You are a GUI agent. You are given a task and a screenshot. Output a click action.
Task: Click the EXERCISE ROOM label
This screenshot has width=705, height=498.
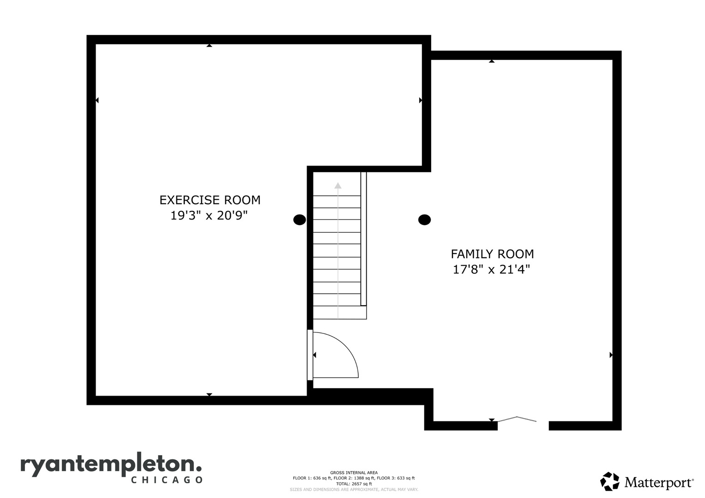[210, 200]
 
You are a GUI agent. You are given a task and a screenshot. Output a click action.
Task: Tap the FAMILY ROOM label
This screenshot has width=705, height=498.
[492, 254]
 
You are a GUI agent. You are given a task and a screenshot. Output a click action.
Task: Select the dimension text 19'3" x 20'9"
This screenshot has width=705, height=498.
[209, 216]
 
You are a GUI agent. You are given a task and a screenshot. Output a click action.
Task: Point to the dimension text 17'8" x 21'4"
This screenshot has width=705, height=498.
[491, 269]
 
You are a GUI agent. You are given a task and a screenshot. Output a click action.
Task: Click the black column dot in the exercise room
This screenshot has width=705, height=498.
[300, 220]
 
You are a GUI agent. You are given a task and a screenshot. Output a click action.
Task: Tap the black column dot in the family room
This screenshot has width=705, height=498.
[425, 220]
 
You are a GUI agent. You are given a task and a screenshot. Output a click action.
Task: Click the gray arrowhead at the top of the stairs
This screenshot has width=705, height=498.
[338, 185]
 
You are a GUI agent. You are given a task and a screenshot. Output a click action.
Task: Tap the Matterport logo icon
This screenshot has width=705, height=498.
[609, 481]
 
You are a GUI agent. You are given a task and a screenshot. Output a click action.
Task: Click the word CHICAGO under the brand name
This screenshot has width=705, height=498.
[167, 480]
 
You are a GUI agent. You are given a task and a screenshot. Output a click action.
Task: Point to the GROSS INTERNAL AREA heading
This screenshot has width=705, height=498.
[354, 473]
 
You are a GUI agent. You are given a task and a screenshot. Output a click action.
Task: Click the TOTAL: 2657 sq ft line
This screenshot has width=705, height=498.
[354, 484]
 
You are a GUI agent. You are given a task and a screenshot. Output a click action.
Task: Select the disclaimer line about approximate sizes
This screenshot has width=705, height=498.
[354, 490]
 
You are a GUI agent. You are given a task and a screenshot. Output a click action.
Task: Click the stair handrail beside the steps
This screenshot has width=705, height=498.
[363, 239]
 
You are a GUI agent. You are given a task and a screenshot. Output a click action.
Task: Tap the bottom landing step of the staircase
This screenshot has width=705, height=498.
[340, 313]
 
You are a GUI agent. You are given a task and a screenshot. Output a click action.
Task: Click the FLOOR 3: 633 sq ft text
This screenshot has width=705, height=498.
[396, 478]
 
